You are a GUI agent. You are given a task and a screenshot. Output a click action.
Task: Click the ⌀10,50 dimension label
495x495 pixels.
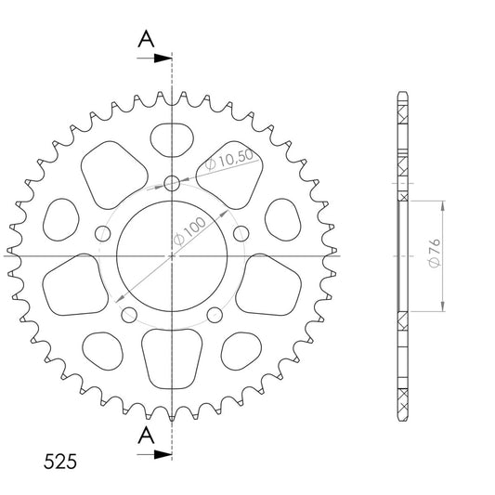pyautogui.click(x=229, y=160)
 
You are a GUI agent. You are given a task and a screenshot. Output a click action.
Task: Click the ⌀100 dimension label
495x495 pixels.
pyautogui.click(x=189, y=231)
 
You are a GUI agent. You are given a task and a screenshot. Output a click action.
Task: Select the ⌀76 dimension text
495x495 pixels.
pyautogui.click(x=435, y=253)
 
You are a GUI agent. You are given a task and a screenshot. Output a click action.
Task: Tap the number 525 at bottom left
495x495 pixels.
pyautogui.click(x=60, y=462)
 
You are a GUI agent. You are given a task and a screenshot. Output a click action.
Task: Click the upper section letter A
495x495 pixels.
pyautogui.click(x=146, y=39)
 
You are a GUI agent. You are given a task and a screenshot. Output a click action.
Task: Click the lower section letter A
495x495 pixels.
pyautogui.click(x=146, y=435)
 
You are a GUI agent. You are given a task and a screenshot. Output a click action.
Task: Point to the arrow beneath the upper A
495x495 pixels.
pyautogui.click(x=154, y=59)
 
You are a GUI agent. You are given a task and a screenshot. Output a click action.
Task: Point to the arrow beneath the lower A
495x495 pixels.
pyautogui.click(x=154, y=454)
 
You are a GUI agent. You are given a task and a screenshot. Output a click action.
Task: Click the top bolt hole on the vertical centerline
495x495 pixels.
pyautogui.click(x=172, y=183)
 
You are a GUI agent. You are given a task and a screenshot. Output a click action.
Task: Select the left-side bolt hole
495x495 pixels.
pyautogui.click(x=102, y=234)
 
